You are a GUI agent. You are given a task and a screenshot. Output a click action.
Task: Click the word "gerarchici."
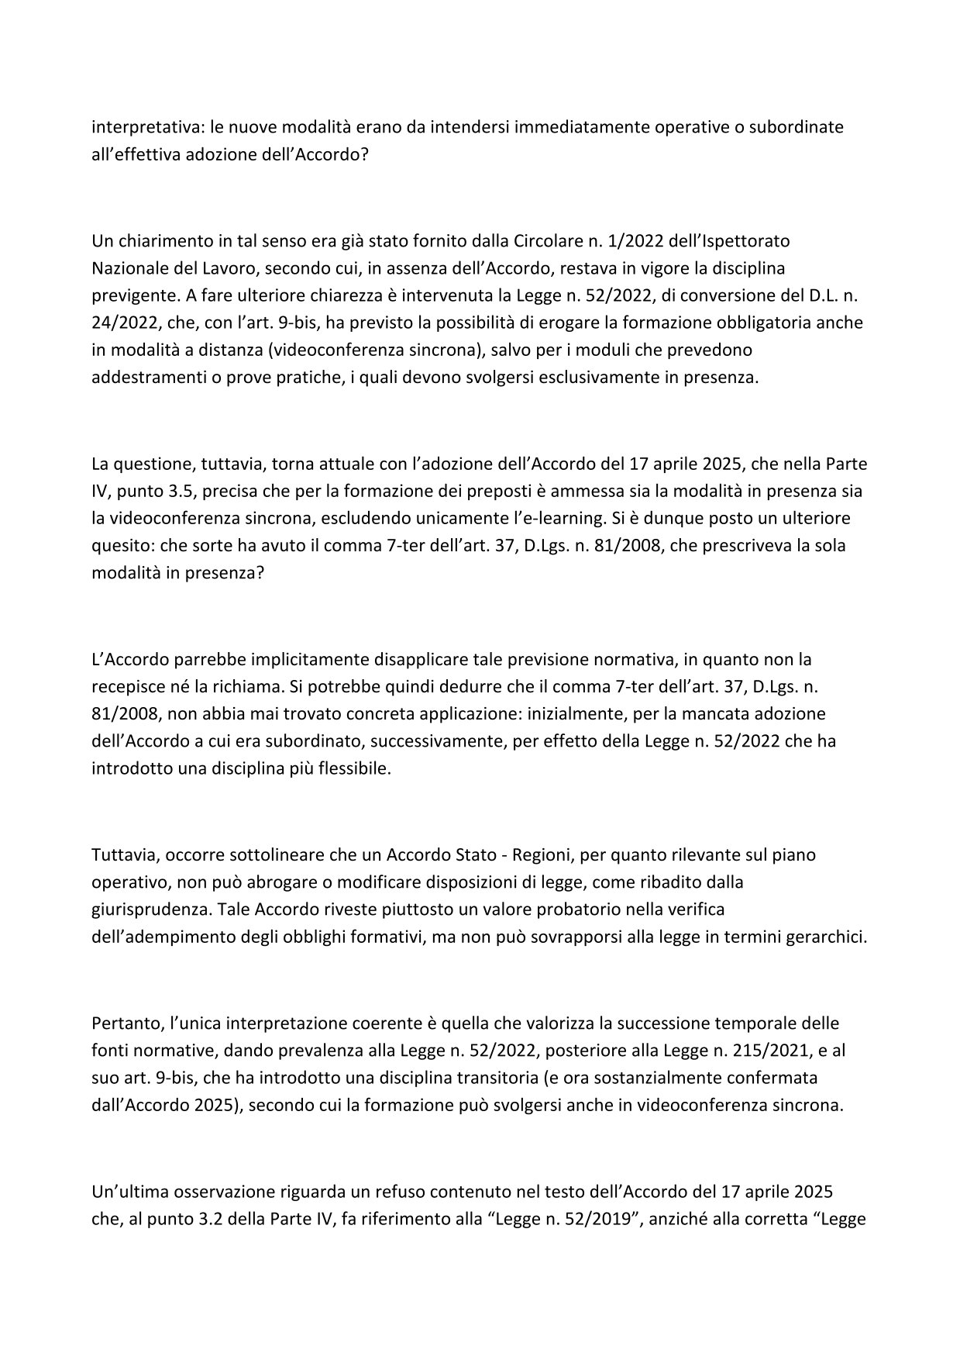824,937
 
